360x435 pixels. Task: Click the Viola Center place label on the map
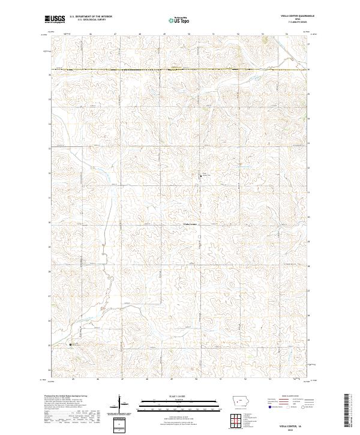[190, 224]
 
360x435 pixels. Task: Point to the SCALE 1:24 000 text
[170, 396]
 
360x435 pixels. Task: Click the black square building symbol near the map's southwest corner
[71, 344]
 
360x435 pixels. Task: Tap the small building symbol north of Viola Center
[201, 175]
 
